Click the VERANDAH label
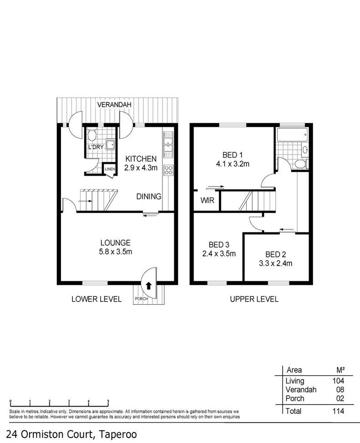pos(114,105)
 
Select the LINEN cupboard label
pos(110,170)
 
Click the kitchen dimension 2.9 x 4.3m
pos(141,167)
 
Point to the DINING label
pos(149,196)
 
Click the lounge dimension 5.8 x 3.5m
pos(116,252)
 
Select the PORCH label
pos(141,299)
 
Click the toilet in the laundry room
pos(91,135)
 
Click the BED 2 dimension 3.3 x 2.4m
pos(275,263)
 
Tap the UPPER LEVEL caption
pos(254,299)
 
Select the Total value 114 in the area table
pos(337,411)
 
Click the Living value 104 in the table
pos(337,381)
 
